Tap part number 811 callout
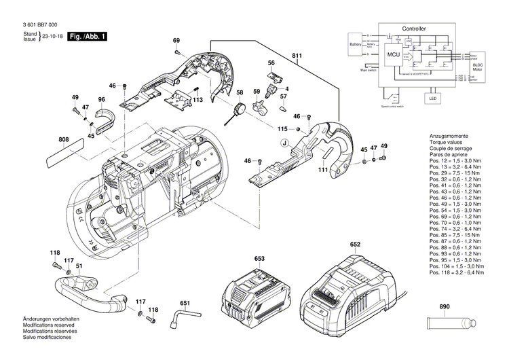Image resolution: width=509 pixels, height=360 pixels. (297, 54)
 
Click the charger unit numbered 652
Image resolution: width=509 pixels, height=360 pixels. (351, 289)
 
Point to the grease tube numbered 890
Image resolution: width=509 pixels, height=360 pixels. (448, 326)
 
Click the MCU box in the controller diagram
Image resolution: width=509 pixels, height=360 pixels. (393, 54)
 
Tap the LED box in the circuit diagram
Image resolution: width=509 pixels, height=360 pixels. (432, 98)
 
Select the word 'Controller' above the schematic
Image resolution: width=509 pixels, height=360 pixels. (414, 29)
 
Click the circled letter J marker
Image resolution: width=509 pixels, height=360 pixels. (285, 143)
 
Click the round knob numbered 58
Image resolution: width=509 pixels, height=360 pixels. (238, 108)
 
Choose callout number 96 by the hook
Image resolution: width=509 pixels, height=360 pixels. (101, 101)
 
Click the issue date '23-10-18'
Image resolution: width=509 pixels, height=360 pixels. (52, 36)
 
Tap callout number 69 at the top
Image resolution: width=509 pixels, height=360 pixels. (176, 41)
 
